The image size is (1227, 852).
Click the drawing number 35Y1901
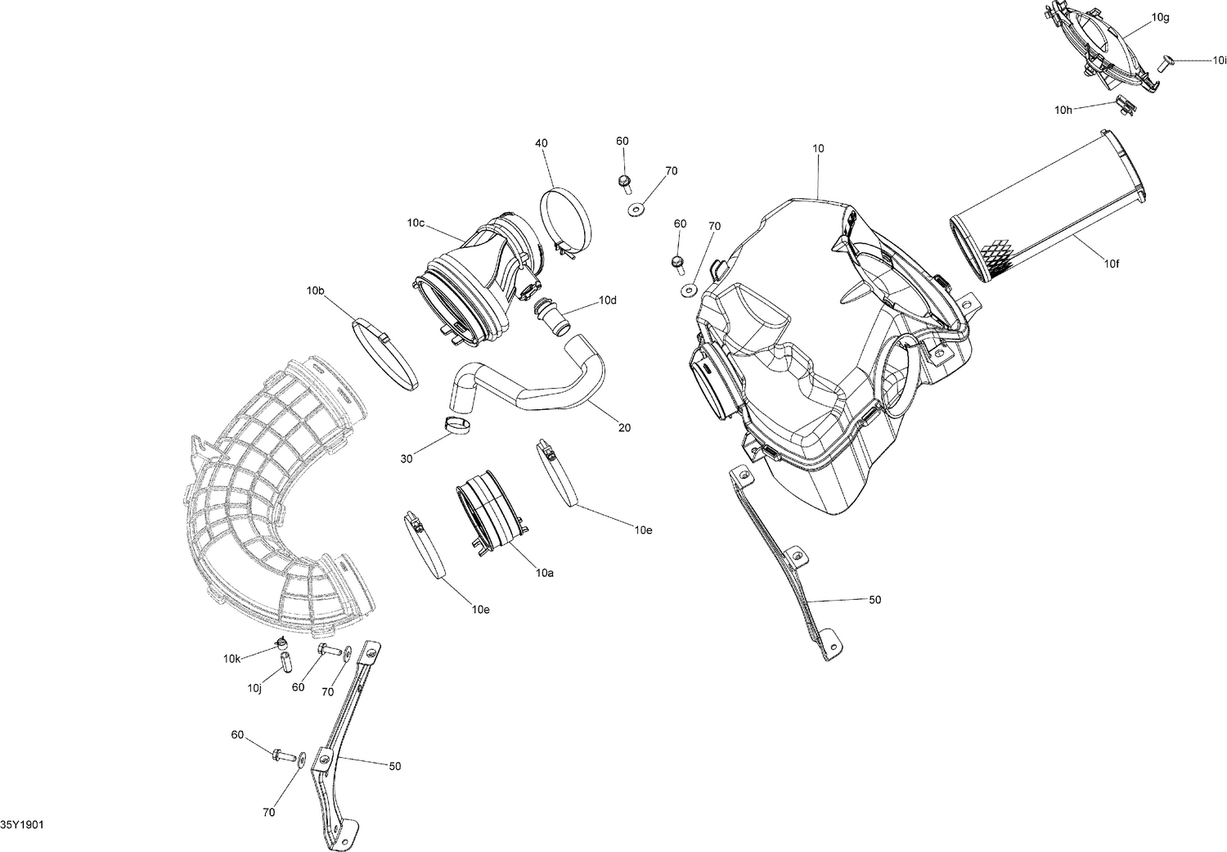coord(22,824)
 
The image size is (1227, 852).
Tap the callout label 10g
coord(1160,17)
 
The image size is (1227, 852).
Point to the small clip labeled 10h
coord(1126,105)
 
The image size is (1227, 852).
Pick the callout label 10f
coord(1112,263)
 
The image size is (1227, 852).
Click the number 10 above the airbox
coord(818,149)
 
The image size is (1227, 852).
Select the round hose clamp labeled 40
coord(565,215)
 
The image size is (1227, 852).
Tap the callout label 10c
coord(416,223)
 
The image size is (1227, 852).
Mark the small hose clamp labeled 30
coord(457,426)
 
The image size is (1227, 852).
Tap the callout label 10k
coord(231,659)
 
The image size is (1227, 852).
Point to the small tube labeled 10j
coord(285,660)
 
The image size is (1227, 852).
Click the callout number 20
coord(625,427)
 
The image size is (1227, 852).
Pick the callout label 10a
coord(546,574)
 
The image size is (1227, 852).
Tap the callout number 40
coord(542,143)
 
